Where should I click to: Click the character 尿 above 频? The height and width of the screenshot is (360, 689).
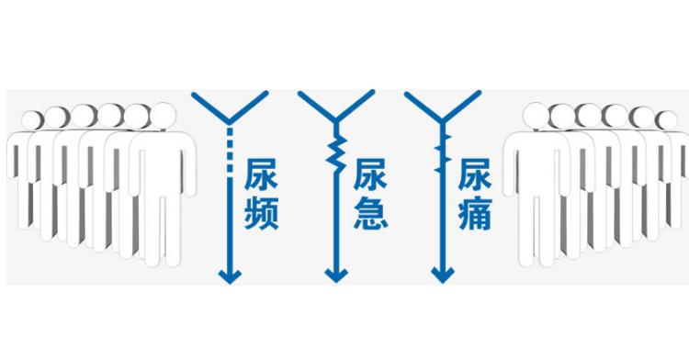[261, 175]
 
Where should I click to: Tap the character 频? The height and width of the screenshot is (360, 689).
[261, 213]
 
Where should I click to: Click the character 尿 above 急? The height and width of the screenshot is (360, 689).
[368, 175]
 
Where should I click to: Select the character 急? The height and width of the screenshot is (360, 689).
[368, 213]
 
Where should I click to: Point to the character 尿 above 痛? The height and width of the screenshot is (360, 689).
[475, 175]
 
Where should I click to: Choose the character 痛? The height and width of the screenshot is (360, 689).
[475, 213]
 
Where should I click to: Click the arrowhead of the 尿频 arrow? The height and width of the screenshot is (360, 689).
[229, 275]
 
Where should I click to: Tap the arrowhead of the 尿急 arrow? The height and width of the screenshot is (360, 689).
[337, 275]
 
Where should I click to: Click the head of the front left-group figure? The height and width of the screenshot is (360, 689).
[162, 116]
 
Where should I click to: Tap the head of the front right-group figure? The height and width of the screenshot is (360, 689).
[536, 117]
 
